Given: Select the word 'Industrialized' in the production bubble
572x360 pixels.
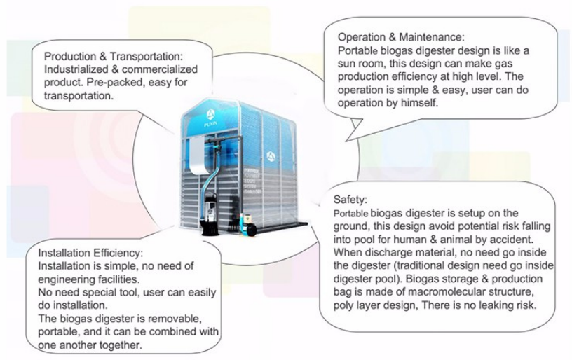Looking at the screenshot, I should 77,69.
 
